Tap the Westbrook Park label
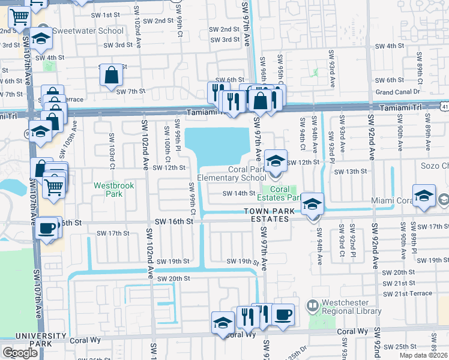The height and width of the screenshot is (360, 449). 114,190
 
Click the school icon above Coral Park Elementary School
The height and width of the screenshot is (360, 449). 276,161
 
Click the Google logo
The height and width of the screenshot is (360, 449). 20,353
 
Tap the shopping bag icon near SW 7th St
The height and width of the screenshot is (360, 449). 112,76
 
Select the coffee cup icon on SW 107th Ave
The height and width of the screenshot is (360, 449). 47,229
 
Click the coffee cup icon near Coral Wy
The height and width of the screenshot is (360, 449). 283,314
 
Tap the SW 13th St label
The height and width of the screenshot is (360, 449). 350,172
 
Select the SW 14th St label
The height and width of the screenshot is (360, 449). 239,193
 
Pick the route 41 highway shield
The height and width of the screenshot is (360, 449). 444,107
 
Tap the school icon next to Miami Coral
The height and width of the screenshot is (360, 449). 424,197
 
